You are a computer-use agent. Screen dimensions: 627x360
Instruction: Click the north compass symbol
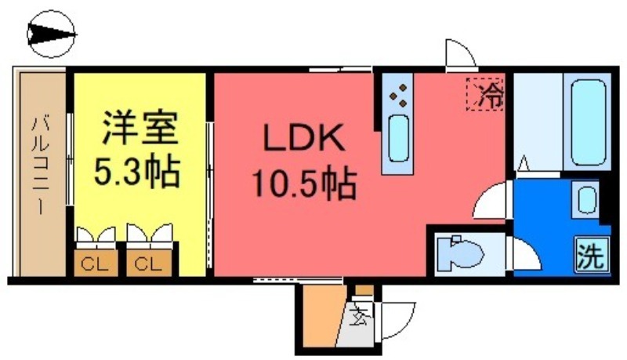pyautogui.click(x=51, y=34)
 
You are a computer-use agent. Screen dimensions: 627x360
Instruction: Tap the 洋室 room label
pyautogui.click(x=140, y=127)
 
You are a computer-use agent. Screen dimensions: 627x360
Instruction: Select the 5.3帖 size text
pyautogui.click(x=136, y=171)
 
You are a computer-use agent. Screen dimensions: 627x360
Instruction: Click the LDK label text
pyautogui.click(x=304, y=138)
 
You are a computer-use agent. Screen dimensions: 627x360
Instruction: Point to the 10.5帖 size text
pyautogui.click(x=303, y=184)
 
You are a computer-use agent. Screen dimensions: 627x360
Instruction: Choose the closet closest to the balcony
pyautogui.click(x=96, y=264)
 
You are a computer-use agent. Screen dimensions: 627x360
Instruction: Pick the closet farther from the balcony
pyautogui.click(x=149, y=264)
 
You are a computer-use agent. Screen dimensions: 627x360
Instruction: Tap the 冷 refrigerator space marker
pyautogui.click(x=485, y=94)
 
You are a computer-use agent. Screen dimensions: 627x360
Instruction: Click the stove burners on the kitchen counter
pyautogui.click(x=398, y=96)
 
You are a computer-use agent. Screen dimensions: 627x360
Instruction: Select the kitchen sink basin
pyautogui.click(x=399, y=138)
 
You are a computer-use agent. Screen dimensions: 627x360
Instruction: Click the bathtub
pyautogui.click(x=588, y=122)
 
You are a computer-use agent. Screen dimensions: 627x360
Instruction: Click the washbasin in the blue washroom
pyautogui.click(x=585, y=199)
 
